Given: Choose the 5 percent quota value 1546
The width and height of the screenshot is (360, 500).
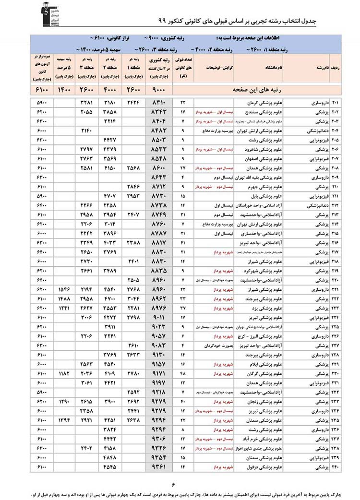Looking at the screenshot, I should pos(64,290).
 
